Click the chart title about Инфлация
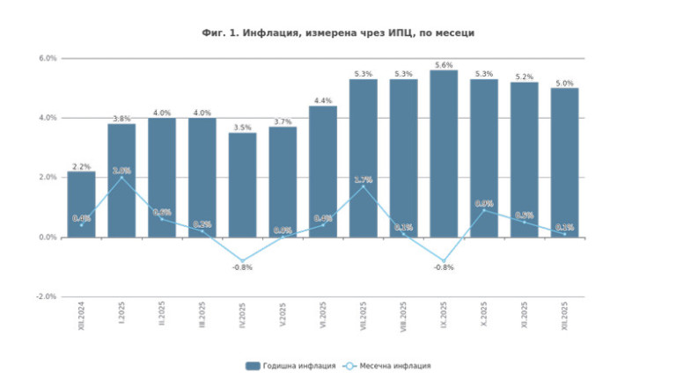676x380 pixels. [338, 33]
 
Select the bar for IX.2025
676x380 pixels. [444, 154]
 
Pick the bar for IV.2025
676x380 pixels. [243, 185]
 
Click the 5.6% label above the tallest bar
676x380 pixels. [444, 65]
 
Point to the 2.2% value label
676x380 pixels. [82, 166]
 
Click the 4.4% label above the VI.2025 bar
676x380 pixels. [323, 100]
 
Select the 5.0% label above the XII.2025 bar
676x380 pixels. [564, 83]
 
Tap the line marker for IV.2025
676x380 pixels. [243, 261]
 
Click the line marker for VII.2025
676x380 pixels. [364, 186]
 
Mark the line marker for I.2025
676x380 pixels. [122, 178]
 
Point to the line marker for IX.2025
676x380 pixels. [444, 261]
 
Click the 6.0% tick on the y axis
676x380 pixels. [47, 58]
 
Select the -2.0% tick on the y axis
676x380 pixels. [45, 296]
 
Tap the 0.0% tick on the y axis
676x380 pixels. [47, 237]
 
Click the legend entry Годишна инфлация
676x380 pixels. [291, 365]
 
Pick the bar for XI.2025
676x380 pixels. [525, 159]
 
